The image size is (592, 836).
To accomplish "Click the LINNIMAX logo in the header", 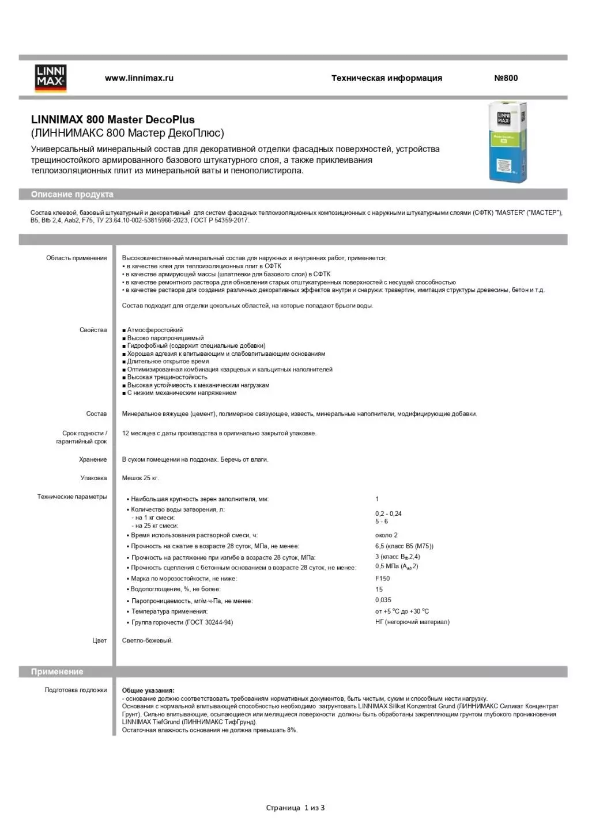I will [51, 78].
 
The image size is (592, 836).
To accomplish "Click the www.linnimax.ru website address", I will [139, 78].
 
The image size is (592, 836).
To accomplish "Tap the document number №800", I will [506, 78].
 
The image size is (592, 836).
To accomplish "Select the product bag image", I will [507, 142].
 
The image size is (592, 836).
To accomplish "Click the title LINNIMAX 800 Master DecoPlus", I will [113, 120].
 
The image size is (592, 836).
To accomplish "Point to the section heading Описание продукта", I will [72, 195].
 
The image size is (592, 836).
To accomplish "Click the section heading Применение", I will [57, 672].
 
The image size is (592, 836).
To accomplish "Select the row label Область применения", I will [77, 258].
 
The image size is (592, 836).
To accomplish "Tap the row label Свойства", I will [93, 330].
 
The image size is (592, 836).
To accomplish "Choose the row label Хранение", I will [93, 459].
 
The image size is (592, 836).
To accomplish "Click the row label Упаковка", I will [94, 478].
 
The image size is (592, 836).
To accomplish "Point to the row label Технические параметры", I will [72, 496].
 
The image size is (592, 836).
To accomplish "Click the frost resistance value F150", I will [382, 579].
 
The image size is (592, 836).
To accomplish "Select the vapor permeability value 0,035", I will [383, 600].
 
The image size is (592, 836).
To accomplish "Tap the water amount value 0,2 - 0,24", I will [388, 514].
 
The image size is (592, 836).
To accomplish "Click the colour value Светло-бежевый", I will [148, 640].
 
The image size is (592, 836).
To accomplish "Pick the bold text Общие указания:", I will [148, 690].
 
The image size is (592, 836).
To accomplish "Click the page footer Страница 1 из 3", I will [295, 808].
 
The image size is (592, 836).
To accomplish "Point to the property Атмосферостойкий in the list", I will [154, 330].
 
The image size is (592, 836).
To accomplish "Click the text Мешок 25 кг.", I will [141, 478].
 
